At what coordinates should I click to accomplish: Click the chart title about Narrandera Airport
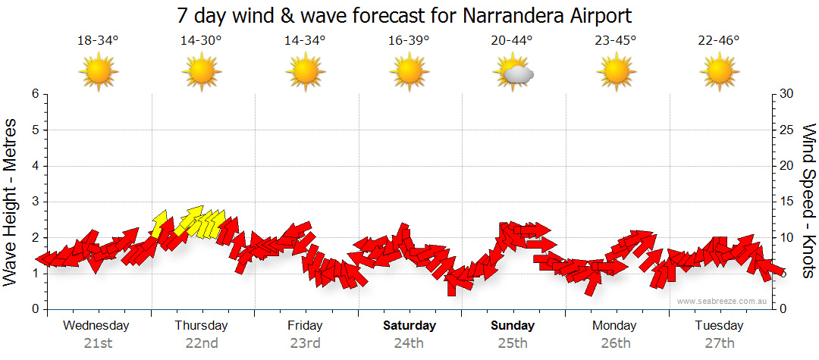(x=404, y=15)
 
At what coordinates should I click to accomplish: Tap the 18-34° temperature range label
(x=98, y=41)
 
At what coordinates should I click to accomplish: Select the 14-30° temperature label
(x=201, y=41)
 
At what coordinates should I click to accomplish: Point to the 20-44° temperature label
(x=512, y=41)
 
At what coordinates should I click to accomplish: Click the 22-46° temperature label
(x=719, y=41)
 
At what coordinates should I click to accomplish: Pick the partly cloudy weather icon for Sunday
(x=513, y=74)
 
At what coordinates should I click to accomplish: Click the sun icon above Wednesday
(x=99, y=74)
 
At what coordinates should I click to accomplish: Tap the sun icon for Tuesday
(x=719, y=74)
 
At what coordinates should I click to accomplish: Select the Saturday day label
(x=409, y=326)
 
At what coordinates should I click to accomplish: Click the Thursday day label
(x=201, y=326)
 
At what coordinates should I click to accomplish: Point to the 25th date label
(x=513, y=343)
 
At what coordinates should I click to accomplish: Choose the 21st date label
(x=98, y=343)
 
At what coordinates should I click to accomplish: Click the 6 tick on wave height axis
(x=35, y=94)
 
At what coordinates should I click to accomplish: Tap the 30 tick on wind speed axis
(x=787, y=94)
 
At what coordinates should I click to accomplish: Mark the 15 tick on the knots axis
(x=787, y=202)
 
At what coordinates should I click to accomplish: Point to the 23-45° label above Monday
(x=615, y=41)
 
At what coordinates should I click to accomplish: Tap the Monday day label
(x=615, y=326)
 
